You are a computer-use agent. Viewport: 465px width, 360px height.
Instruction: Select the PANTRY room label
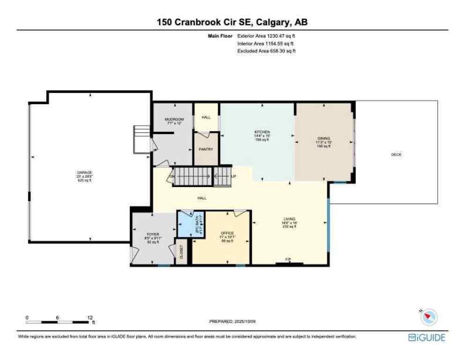coord(206,149)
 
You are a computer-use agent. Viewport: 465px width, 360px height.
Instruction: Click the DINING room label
coord(324,139)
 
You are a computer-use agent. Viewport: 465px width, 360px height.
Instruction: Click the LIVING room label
coord(289,219)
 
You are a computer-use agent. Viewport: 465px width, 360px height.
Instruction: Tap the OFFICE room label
coord(228,233)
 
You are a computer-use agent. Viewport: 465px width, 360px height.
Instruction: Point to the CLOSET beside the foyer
coord(181,253)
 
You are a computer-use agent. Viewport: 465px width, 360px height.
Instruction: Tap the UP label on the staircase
coord(233,176)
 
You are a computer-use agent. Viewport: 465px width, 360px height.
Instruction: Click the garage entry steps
coord(141,139)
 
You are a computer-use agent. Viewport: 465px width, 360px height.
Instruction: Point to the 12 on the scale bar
coord(90,317)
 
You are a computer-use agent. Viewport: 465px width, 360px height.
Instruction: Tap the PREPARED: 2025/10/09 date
coord(233,322)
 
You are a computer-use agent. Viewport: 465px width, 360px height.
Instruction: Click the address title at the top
coord(232,22)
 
